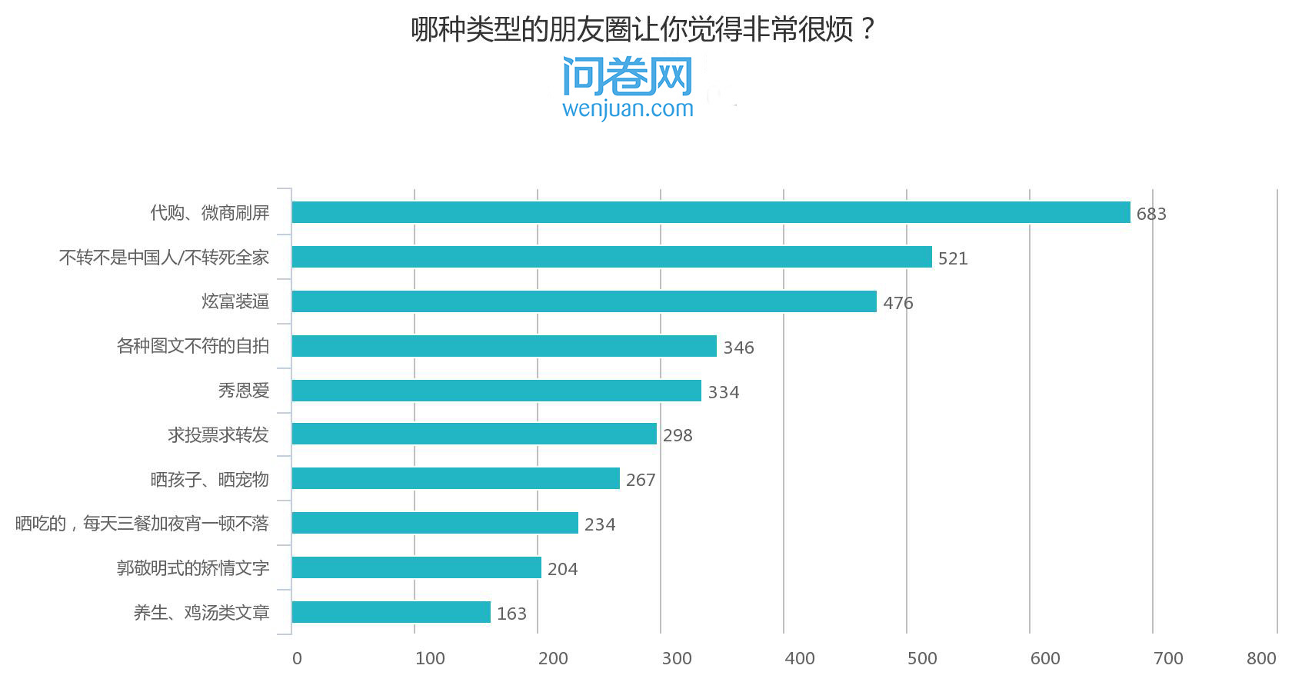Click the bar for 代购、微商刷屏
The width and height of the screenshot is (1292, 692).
tap(711, 212)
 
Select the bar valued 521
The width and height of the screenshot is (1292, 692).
tap(611, 257)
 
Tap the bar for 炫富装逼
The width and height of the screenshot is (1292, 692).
tap(584, 301)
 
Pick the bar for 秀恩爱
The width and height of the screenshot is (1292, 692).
tap(496, 391)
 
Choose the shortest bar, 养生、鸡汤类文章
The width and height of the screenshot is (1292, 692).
tap(391, 612)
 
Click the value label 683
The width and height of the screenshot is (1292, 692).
tap(1151, 214)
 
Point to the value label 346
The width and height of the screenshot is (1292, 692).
tap(738, 348)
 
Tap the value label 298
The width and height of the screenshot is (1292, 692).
tap(678, 435)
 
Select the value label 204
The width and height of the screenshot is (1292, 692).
tap(562, 569)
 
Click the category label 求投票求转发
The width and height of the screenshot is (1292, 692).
tap(218, 435)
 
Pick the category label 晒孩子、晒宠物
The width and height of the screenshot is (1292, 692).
tap(210, 480)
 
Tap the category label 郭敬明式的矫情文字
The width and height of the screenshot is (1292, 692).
tap(193, 568)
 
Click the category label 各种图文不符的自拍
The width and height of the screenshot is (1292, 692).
tap(193, 346)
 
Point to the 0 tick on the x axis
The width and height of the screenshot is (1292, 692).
tap(297, 658)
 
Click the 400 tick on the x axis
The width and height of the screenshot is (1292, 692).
tap(799, 658)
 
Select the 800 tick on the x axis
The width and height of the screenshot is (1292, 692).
tap(1261, 658)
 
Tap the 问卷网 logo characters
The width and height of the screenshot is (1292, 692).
tap(628, 75)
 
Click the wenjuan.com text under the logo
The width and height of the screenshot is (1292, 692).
tap(628, 109)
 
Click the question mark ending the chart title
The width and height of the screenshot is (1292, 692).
tap(868, 30)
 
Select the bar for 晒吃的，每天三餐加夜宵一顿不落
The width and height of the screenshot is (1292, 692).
tap(435, 523)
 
